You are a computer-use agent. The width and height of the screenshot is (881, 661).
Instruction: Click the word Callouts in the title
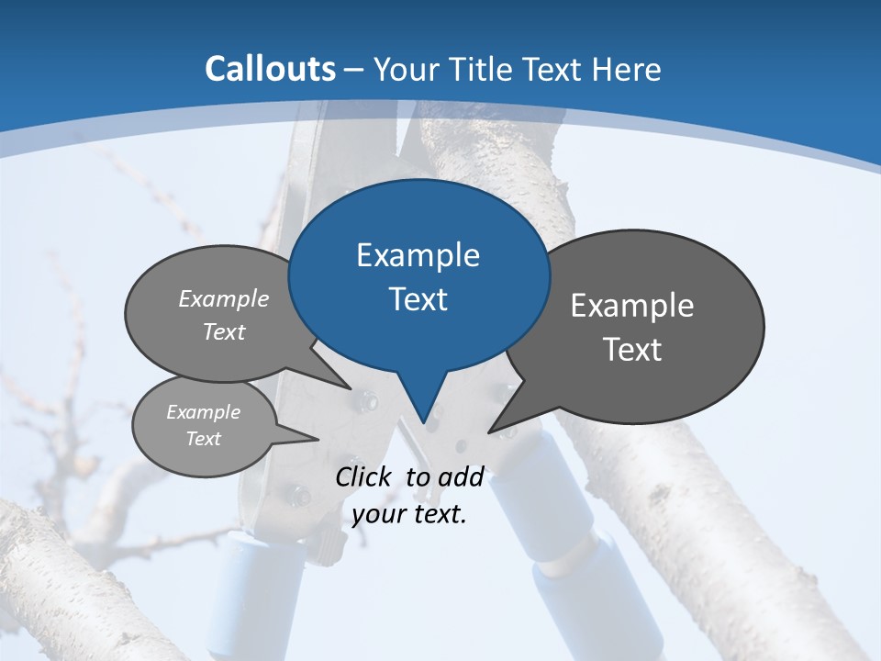[x=271, y=69]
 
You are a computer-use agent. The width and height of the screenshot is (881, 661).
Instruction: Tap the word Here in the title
[x=629, y=69]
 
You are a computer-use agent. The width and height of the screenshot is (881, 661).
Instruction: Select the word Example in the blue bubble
[x=418, y=255]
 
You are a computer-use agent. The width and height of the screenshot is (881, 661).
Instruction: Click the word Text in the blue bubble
[x=418, y=299]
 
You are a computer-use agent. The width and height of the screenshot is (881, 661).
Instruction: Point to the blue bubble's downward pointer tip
[x=424, y=421]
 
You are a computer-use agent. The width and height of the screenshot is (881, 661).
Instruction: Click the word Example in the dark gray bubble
[x=632, y=306]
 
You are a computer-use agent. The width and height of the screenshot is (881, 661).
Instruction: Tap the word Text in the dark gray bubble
[x=632, y=350]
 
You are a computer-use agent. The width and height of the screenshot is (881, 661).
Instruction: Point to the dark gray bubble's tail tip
[x=490, y=431]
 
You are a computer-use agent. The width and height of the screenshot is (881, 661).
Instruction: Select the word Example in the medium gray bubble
[x=224, y=298]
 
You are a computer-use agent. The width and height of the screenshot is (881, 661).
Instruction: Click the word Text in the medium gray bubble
[x=224, y=331]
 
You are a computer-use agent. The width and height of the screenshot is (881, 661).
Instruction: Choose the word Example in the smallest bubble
[x=203, y=412]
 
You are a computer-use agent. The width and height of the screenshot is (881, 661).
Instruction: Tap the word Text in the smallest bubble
[x=203, y=439]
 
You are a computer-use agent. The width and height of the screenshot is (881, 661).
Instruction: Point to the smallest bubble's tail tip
[x=318, y=439]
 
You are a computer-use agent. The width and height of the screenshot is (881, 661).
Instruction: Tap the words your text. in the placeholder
[x=409, y=514]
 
